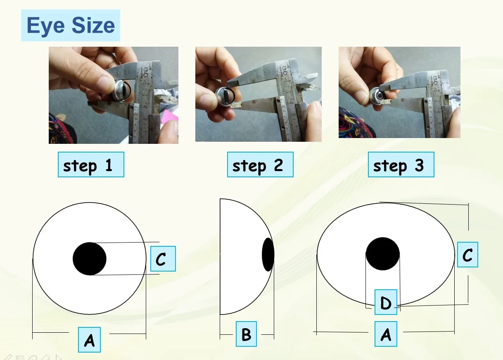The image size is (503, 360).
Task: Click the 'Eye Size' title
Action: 71,26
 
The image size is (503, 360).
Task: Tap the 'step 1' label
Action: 90,165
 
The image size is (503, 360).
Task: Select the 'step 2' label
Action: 260,165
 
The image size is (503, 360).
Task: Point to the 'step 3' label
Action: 401,165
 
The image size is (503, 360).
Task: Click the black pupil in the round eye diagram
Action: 90,259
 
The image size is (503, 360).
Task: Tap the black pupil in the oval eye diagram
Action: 383,254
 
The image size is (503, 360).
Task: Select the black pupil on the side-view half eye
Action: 268,254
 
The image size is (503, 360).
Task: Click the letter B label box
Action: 246,334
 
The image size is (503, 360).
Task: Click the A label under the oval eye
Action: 386,334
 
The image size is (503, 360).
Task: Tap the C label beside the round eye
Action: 163,259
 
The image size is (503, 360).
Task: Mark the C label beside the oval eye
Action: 467,254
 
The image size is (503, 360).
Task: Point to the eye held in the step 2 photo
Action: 225,97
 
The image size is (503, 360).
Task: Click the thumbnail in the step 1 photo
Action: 105,86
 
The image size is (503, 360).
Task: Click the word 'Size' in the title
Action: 93,26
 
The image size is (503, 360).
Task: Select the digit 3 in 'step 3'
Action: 419,165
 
